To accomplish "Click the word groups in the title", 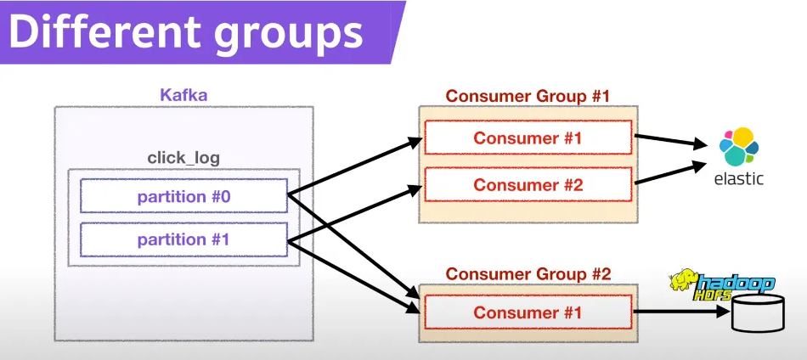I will (281, 34).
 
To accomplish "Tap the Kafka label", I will (183, 94).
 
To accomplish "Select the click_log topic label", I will (183, 158).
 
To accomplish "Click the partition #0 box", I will (183, 196).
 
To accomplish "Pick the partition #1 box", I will (183, 239).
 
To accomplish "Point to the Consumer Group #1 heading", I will (528, 95).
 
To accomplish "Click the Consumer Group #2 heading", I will (528, 273).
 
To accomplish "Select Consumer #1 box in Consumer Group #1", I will (528, 138).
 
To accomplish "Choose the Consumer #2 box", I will (528, 184).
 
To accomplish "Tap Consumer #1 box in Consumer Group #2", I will (528, 312).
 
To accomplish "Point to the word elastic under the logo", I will (736, 178).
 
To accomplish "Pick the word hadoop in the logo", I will (736, 283).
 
